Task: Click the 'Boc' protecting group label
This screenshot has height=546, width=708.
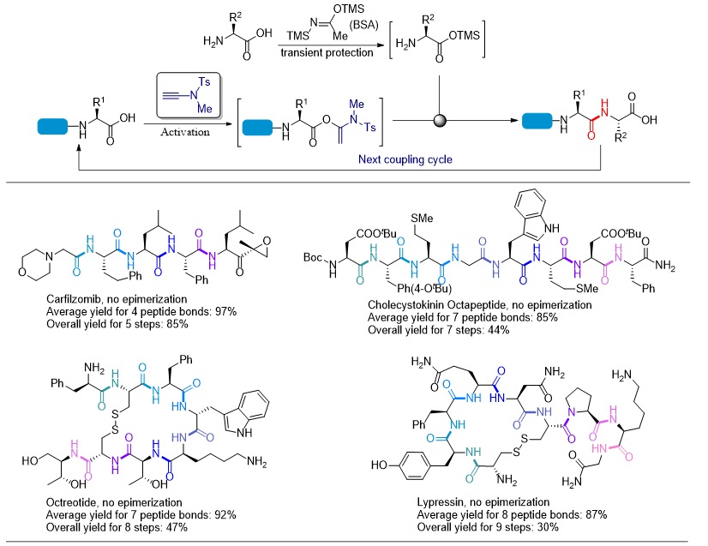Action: (x=312, y=255)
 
